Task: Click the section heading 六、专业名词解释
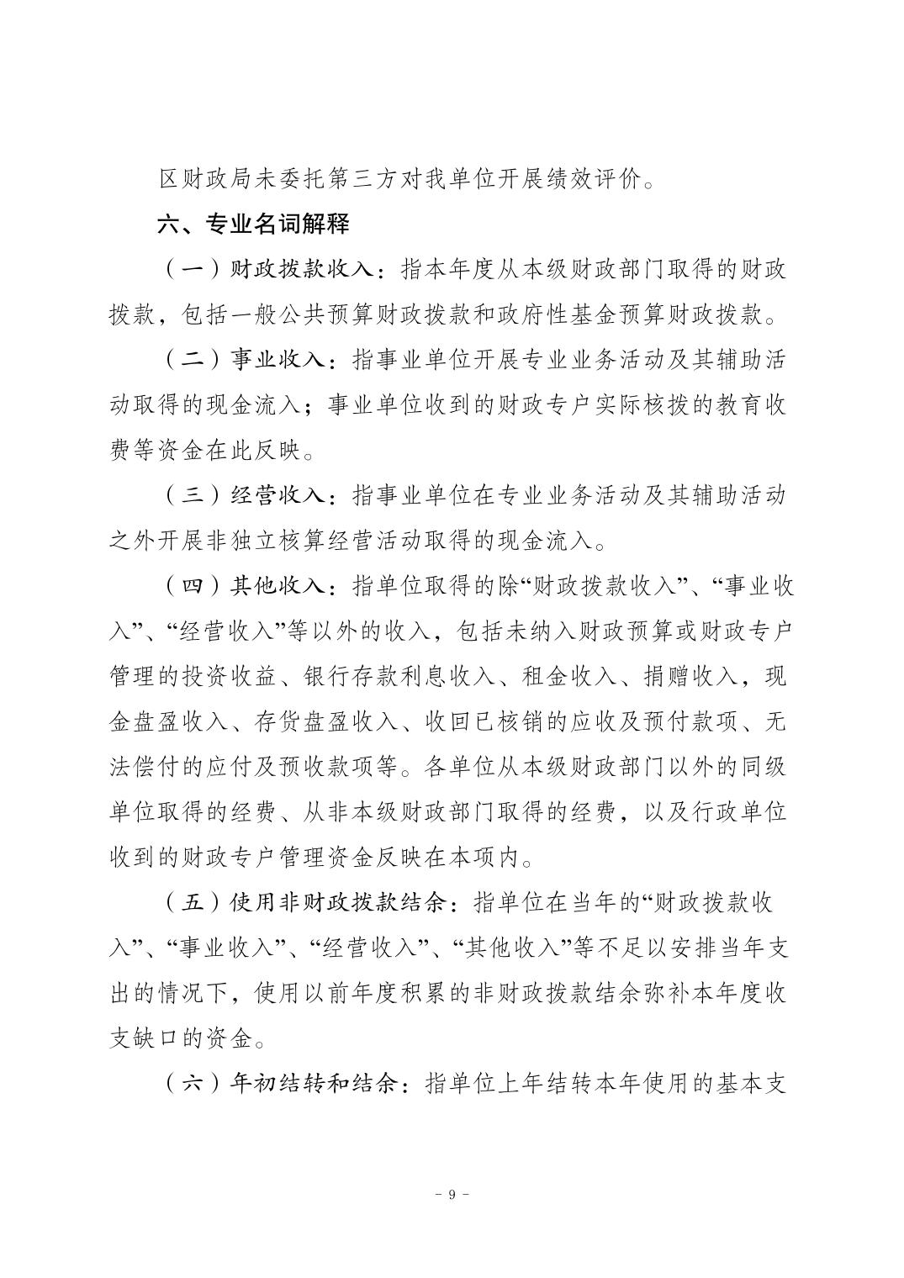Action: click(253, 224)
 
